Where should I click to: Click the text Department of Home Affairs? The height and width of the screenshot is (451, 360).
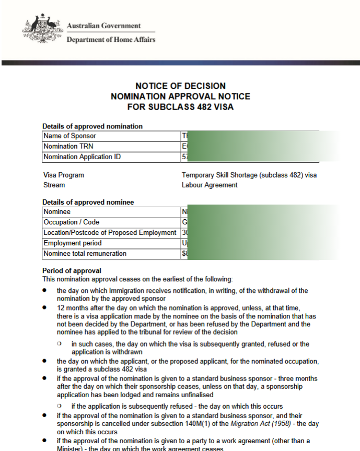(x=111, y=40)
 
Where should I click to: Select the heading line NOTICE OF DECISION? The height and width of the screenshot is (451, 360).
(x=180, y=86)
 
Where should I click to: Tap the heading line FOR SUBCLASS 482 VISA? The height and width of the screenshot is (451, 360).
(x=180, y=107)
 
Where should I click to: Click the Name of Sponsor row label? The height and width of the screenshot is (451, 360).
(x=69, y=136)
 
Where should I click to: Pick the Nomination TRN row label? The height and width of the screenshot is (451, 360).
(x=68, y=146)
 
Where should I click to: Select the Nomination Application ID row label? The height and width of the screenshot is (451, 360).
(x=83, y=157)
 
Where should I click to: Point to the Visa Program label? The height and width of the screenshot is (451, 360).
(x=64, y=175)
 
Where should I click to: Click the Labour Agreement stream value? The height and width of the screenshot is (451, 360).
(x=210, y=185)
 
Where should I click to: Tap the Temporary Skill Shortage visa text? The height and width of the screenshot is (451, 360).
(x=249, y=175)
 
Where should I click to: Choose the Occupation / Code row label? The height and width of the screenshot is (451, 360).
(x=71, y=222)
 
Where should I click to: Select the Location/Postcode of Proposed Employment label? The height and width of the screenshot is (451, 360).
(x=110, y=233)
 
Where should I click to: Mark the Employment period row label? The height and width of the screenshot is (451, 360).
(x=73, y=243)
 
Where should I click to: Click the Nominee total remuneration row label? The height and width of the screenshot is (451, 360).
(x=85, y=254)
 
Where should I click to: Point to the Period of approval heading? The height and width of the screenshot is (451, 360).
(x=72, y=270)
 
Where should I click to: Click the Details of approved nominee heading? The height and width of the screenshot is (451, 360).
(x=88, y=202)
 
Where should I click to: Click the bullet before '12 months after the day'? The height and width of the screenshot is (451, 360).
(x=45, y=308)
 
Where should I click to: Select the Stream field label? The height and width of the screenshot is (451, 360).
(x=54, y=185)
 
